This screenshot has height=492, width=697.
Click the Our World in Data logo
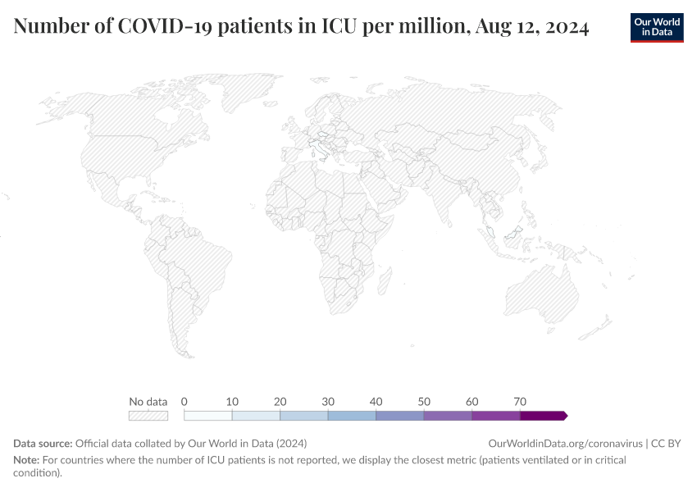(656, 27)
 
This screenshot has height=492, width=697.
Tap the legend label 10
(232, 402)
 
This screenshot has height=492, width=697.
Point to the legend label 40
(376, 402)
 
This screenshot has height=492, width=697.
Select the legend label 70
(520, 402)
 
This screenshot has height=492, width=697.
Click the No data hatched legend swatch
(148, 416)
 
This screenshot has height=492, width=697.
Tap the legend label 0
(184, 402)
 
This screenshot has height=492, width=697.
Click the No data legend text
(148, 402)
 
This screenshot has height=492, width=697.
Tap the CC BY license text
(667, 443)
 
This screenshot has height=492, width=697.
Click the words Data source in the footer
(43, 443)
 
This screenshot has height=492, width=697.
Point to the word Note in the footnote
(27, 460)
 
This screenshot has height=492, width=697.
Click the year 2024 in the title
(561, 27)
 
